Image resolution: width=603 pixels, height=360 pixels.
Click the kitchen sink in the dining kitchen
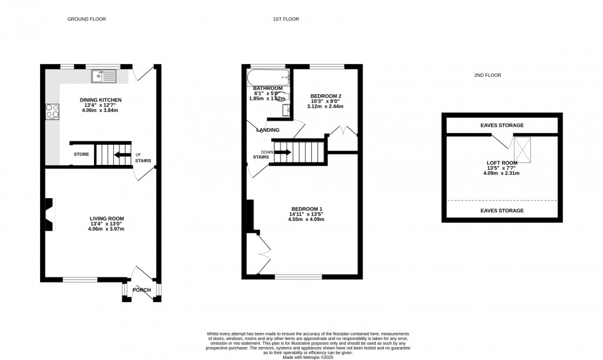[104, 76]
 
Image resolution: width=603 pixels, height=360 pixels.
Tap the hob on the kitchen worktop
[52, 111]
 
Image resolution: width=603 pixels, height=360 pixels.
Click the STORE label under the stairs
[81, 154]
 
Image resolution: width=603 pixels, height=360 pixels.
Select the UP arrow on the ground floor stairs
[122, 154]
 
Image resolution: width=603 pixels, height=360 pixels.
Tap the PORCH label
[142, 290]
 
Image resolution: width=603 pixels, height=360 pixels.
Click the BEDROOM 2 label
[325, 96]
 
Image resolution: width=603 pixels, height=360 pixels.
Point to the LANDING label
[268, 130]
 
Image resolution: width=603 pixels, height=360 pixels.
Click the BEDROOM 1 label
[307, 209]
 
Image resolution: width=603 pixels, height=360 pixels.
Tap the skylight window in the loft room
[523, 150]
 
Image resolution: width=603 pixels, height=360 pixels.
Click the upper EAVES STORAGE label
[502, 126]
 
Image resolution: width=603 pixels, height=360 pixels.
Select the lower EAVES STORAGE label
[502, 210]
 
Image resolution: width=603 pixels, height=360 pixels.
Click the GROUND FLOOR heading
[87, 19]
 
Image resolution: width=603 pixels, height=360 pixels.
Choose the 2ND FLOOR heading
[487, 75]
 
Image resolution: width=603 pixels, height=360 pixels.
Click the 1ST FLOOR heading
[286, 19]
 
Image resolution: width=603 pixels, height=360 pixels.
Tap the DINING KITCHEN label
[101, 100]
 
